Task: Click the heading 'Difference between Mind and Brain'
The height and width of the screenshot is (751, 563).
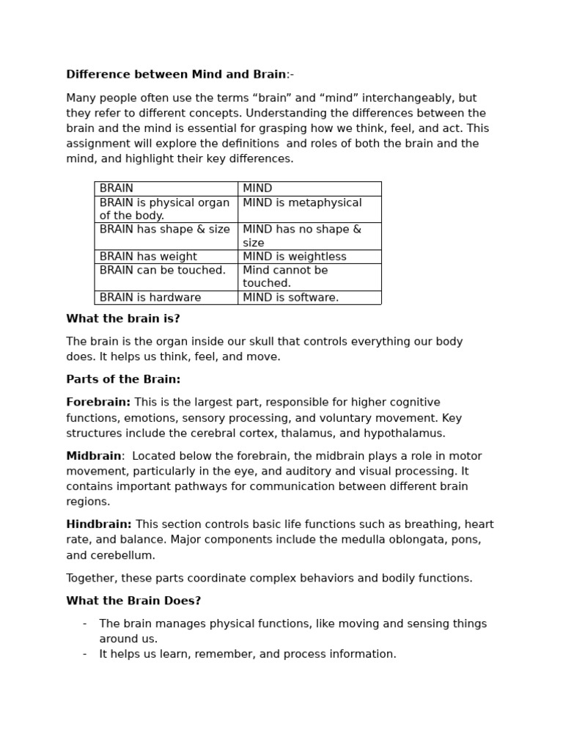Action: (x=176, y=75)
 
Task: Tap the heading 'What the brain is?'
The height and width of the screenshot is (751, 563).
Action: (x=123, y=319)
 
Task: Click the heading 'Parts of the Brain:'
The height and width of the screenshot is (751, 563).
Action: (x=123, y=380)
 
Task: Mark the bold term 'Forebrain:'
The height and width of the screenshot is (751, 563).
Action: (x=98, y=403)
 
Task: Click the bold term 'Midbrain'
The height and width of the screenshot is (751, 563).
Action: (x=94, y=456)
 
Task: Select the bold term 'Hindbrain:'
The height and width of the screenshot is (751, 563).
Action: (x=99, y=524)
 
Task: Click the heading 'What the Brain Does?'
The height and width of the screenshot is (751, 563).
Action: (x=133, y=601)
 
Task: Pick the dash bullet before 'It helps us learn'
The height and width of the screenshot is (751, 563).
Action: (x=85, y=654)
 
